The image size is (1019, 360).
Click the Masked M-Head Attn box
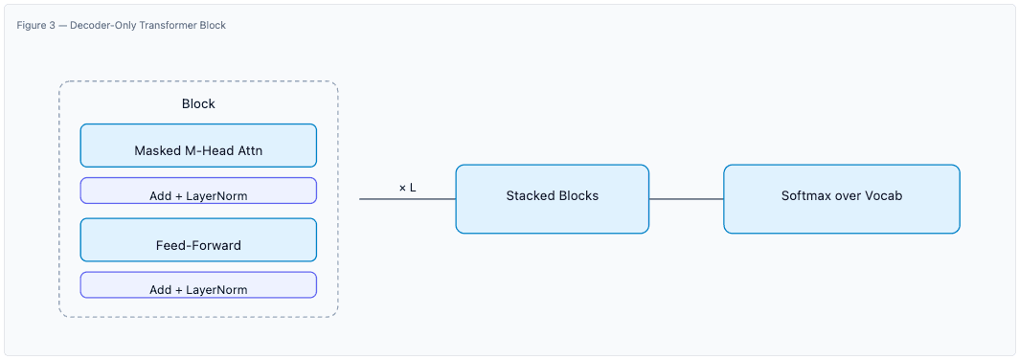tap(198, 146)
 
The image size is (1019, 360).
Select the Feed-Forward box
tap(198, 240)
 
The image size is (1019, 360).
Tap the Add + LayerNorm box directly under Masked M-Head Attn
tap(198, 191)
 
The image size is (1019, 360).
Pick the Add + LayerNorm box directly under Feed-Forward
tap(198, 285)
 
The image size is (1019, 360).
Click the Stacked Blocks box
tap(552, 199)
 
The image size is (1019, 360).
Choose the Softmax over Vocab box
tap(841, 199)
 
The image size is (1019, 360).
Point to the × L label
tap(407, 188)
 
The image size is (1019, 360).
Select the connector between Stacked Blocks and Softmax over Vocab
tap(686, 199)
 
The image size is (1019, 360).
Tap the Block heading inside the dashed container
tap(198, 103)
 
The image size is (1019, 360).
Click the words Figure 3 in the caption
tap(36, 25)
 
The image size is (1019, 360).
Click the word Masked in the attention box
tap(156, 151)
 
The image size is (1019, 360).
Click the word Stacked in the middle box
tap(530, 196)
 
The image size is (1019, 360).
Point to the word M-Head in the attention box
tap(205, 151)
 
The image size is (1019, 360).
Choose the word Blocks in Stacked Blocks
tap(577, 196)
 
